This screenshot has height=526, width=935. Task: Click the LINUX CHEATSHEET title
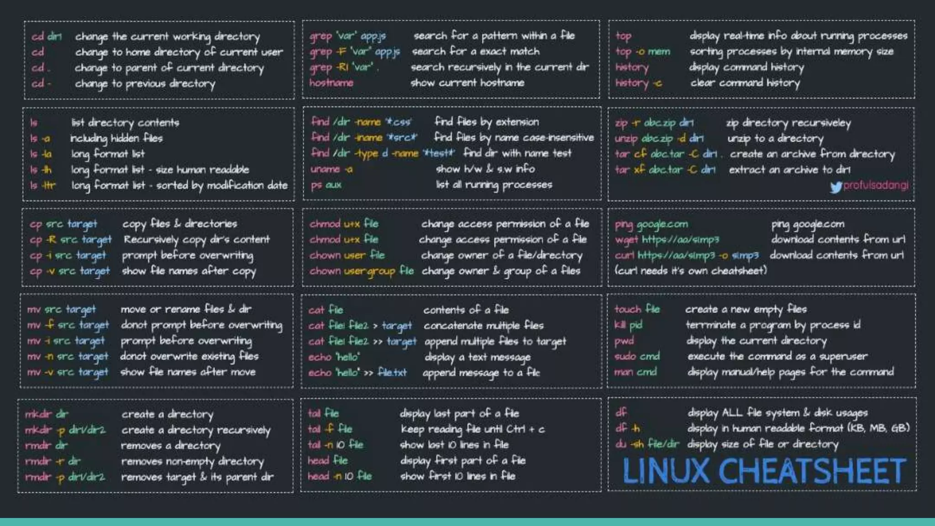[764, 471]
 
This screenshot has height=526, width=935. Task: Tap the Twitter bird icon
[835, 187]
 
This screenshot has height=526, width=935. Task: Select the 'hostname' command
[331, 83]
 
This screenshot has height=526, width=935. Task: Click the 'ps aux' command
[326, 185]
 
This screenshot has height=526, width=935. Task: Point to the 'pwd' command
[624, 341]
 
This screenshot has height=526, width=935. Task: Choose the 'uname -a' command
[331, 169]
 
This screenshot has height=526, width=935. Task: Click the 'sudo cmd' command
[637, 356]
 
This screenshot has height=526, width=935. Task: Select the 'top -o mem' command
[643, 52]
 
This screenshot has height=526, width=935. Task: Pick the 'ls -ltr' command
[42, 185]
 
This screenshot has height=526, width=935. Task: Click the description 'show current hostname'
[467, 83]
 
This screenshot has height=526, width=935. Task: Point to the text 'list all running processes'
[494, 185]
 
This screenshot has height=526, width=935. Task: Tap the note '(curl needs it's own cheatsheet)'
[690, 271]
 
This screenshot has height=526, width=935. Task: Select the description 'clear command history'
[745, 83]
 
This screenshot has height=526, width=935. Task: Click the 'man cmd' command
[636, 372]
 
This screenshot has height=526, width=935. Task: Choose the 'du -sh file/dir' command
[647, 444]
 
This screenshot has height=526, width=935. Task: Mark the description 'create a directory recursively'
[196, 430]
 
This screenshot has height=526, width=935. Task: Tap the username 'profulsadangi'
[876, 185]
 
